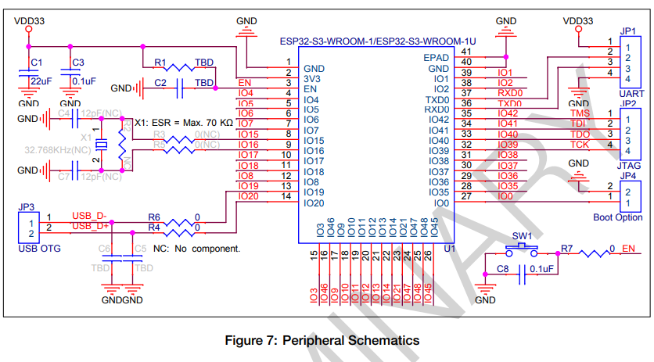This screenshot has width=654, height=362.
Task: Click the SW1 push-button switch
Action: pyautogui.click(x=522, y=248)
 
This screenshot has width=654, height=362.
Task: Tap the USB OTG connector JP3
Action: pyautogui.click(x=26, y=228)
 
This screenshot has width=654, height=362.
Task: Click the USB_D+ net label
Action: pyautogui.click(x=90, y=227)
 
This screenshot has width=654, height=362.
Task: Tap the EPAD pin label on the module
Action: pyautogui.click(x=436, y=58)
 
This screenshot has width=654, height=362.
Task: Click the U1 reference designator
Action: pyautogui.click(x=449, y=248)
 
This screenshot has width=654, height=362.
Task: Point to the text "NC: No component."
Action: pyautogui.click(x=196, y=248)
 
